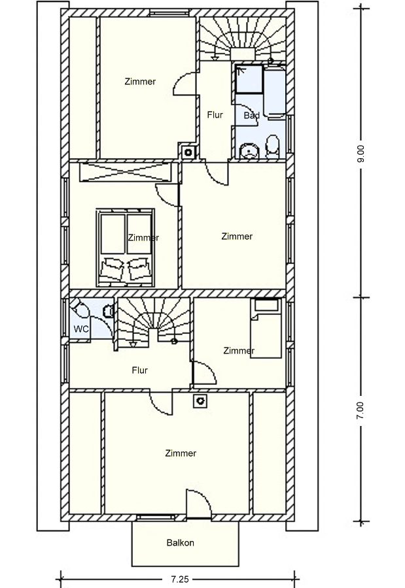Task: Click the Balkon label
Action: (x=181, y=543)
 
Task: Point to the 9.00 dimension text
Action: (x=361, y=154)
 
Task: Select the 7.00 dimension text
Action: (x=361, y=410)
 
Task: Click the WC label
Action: (x=81, y=329)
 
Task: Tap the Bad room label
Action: (x=251, y=115)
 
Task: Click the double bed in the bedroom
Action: (x=126, y=248)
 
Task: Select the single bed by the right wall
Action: (x=266, y=328)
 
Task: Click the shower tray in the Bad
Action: (x=249, y=79)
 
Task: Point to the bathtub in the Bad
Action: (x=275, y=91)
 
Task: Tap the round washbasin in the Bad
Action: (x=249, y=150)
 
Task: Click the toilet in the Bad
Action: (x=272, y=146)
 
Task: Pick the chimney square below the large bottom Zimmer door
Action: (x=200, y=401)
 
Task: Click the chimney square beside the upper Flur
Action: (x=188, y=152)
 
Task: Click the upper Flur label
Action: (x=215, y=115)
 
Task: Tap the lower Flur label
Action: (x=140, y=370)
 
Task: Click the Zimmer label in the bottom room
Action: (x=181, y=453)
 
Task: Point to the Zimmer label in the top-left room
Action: (x=140, y=82)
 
